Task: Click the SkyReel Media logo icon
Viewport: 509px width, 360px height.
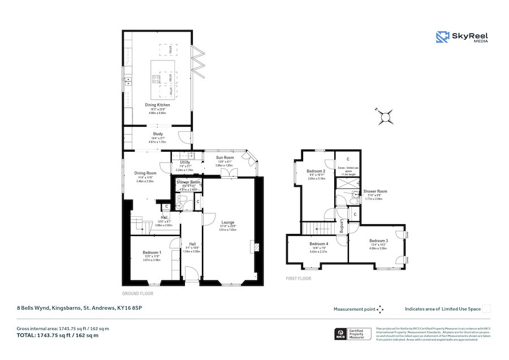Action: pyautogui.click(x=442, y=37)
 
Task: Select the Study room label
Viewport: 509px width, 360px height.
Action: pyautogui.click(x=157, y=134)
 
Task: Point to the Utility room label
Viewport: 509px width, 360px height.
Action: pyautogui.click(x=185, y=162)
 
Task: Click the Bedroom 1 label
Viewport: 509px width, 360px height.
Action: pyautogui.click(x=152, y=252)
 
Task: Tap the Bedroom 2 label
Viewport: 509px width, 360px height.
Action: pyautogui.click(x=316, y=170)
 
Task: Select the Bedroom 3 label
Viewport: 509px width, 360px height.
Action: pyautogui.click(x=378, y=241)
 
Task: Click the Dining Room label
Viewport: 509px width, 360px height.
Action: pyautogui.click(x=145, y=173)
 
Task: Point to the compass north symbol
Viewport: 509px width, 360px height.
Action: pyautogui.click(x=386, y=117)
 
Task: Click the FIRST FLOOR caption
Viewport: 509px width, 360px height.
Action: pyautogui.click(x=299, y=278)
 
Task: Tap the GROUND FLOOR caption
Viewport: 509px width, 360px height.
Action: pyautogui.click(x=138, y=294)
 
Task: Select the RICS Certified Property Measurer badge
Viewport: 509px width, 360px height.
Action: pyautogui.click(x=354, y=334)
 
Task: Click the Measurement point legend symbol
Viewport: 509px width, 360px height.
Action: pyautogui.click(x=380, y=309)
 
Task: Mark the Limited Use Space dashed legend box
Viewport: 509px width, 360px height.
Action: pyautogui.click(x=486, y=309)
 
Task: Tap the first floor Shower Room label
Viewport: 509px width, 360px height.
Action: pyautogui.click(x=375, y=191)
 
